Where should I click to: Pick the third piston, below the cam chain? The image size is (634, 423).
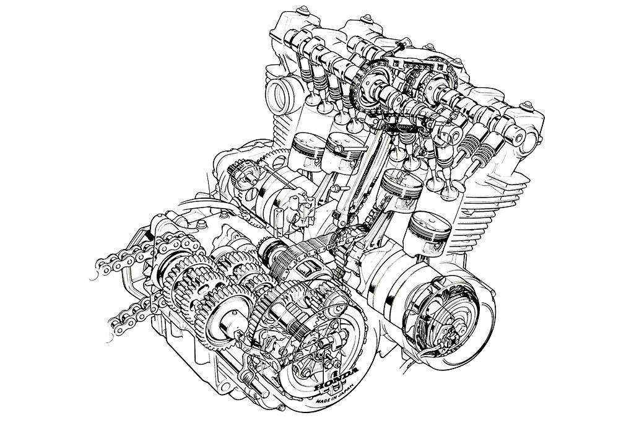(402, 186)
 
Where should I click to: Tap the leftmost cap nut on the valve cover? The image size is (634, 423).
(302, 10)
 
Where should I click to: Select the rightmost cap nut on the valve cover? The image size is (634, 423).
(527, 105)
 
